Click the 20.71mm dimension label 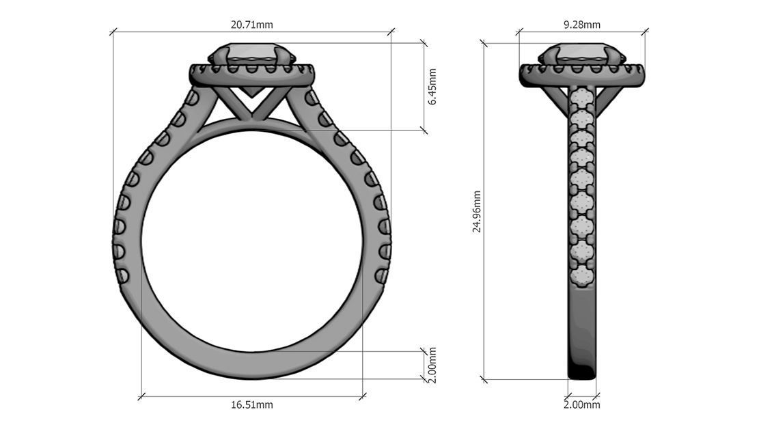[x=251, y=25]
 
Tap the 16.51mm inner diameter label [x=251, y=405]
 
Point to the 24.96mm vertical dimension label [x=477, y=211]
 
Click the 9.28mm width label [x=582, y=25]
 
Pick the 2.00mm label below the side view [x=582, y=405]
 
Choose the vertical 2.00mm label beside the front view [x=432, y=365]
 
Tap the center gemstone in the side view [x=582, y=54]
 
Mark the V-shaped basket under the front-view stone [x=251, y=102]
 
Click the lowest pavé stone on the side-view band [x=582, y=275]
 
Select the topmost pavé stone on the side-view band [x=582, y=95]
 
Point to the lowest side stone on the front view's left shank [x=123, y=276]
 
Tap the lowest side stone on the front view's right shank [x=381, y=276]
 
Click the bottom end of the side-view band [x=582, y=372]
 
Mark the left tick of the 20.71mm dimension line [x=113, y=31]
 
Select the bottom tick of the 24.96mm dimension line [x=484, y=379]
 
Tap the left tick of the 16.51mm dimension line [x=141, y=396]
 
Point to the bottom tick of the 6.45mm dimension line [x=424, y=130]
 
